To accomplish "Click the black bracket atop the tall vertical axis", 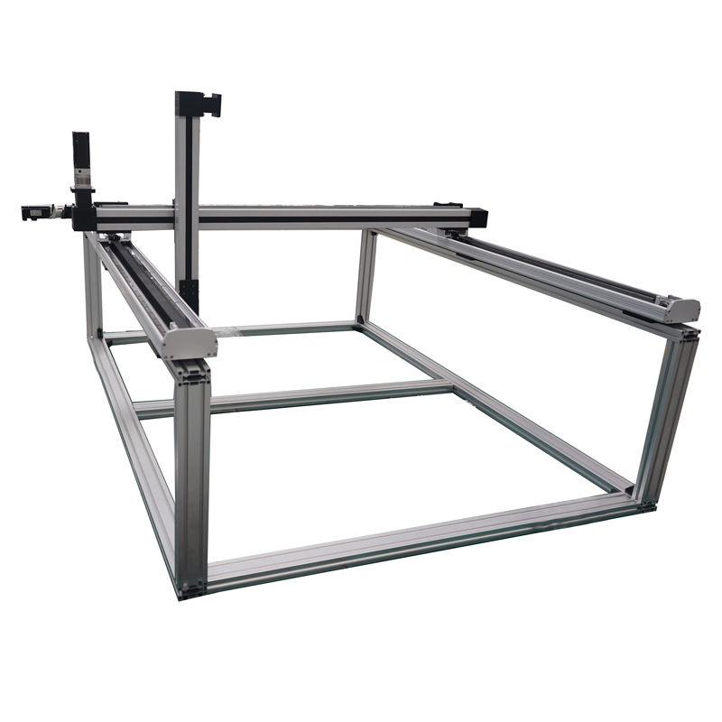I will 199,103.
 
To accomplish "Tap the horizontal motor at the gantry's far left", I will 33,213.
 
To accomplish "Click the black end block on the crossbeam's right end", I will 476,218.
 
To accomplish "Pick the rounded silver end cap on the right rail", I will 682,310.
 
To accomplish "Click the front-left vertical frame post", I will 192,469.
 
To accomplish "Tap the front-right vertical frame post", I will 666,415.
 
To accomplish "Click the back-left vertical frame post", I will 94,289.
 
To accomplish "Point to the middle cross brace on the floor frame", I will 298,397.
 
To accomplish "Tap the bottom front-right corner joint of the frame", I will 644,502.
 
